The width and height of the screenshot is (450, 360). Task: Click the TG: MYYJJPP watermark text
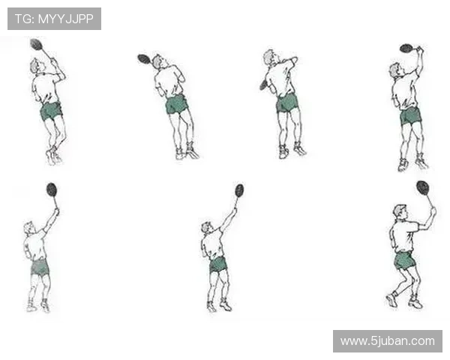[x=54, y=19]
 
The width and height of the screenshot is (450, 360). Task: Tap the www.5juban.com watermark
[x=388, y=341]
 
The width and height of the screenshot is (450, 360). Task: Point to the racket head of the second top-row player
[x=144, y=58]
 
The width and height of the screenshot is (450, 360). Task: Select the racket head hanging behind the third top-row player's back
[x=263, y=85]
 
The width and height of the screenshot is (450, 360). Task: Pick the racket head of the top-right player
[x=406, y=48]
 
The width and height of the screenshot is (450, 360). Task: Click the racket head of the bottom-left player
[x=52, y=190]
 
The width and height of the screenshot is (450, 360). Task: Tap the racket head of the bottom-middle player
[x=239, y=190]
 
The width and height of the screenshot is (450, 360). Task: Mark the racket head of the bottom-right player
[x=423, y=187]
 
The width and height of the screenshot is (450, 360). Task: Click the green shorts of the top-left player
[x=51, y=111]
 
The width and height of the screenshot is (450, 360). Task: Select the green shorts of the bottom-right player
[x=405, y=261]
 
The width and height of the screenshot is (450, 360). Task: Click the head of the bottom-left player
[x=29, y=228]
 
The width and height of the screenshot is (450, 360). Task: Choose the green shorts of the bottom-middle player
[x=218, y=265]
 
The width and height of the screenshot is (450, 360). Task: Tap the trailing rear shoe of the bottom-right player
[x=391, y=299]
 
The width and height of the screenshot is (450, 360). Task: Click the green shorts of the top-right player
[x=411, y=115]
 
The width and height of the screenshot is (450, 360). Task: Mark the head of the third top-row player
[x=270, y=57]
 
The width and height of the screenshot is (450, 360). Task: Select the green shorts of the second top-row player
[x=176, y=104]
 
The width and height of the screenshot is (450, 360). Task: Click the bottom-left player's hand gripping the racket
[x=57, y=211]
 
